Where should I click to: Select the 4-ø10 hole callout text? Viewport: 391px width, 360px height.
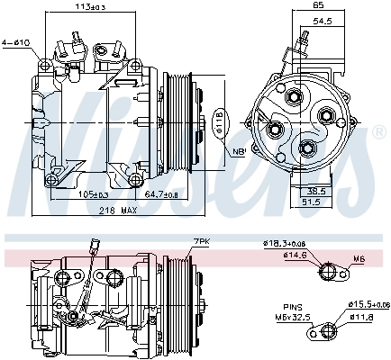pos(15,41)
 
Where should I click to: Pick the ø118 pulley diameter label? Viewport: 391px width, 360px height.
pos(219,123)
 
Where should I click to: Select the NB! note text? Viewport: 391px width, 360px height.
pos(239,151)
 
